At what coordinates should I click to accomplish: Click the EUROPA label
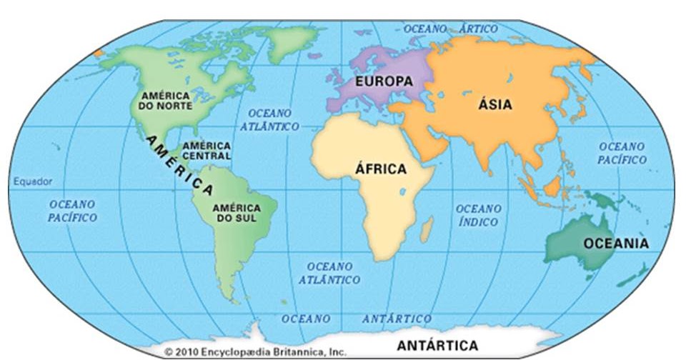[x=384, y=81]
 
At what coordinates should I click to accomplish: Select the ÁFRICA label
[x=380, y=169]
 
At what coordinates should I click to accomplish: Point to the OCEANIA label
[x=616, y=244]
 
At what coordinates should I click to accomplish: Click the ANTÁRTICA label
[x=438, y=346]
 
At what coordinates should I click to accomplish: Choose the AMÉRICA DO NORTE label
[x=165, y=101]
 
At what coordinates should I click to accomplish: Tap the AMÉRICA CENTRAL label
[x=207, y=150]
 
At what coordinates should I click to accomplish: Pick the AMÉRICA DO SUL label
[x=237, y=212]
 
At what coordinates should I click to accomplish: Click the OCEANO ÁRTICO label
[x=450, y=29]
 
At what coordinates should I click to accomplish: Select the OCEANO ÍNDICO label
[x=479, y=214]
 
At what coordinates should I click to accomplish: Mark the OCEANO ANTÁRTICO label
[x=357, y=319]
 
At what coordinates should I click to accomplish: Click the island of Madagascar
[x=427, y=229]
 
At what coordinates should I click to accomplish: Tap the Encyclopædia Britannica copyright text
[x=255, y=352]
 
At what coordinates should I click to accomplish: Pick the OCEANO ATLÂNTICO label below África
[x=329, y=273]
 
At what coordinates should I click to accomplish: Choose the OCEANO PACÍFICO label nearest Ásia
[x=622, y=153]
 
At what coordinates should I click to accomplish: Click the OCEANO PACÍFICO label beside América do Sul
[x=72, y=210]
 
